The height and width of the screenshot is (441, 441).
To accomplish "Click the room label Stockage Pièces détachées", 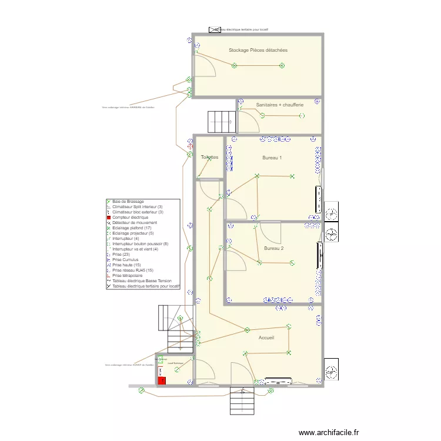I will point(258,50).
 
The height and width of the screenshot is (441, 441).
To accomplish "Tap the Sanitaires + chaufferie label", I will point(280,105).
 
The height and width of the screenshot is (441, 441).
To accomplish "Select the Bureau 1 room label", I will point(272,158).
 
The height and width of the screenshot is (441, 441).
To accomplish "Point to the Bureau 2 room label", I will point(274,248).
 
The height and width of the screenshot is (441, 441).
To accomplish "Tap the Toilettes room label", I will point(209,157).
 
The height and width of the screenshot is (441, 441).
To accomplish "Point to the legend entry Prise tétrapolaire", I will point(127,275).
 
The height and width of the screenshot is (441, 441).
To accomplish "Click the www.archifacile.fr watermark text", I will point(328,432).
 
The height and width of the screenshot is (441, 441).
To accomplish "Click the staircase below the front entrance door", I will point(241,402).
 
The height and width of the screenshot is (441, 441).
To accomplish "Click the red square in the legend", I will point(108,218).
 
